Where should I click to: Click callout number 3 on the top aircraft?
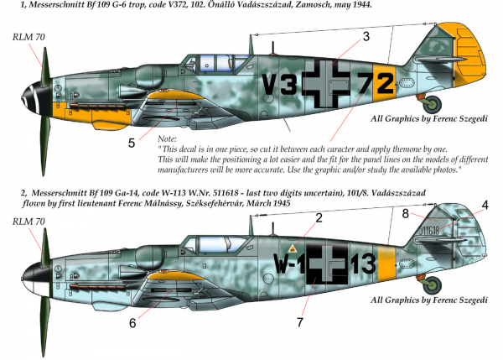(x=366, y=37)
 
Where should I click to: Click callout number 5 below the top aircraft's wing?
(x=132, y=143)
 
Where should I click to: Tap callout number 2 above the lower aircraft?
(x=319, y=218)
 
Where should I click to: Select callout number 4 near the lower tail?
(x=485, y=206)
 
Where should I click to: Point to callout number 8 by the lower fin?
(x=406, y=213)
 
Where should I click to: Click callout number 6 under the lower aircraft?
(x=132, y=323)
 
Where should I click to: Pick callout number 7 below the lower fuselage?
(x=300, y=322)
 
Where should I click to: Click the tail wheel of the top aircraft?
(x=432, y=104)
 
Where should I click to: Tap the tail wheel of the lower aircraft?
(x=432, y=284)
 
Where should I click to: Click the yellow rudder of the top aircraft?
(x=469, y=55)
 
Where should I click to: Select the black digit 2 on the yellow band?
(x=385, y=83)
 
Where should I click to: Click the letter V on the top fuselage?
(x=269, y=85)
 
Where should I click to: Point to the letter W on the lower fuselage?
(x=280, y=263)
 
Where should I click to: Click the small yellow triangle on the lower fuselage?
(x=293, y=248)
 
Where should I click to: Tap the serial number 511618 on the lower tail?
(x=429, y=230)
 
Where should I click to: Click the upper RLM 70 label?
(x=29, y=37)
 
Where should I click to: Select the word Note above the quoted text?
(x=167, y=139)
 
